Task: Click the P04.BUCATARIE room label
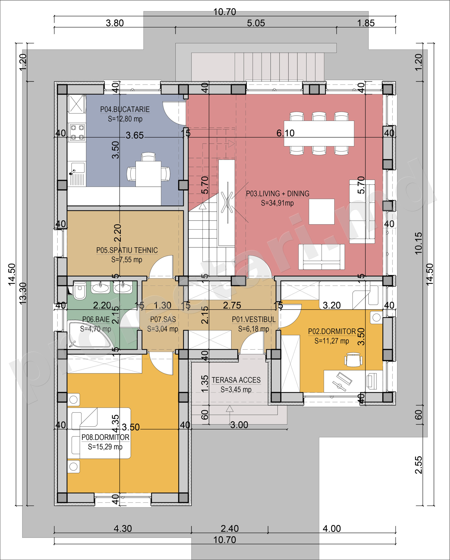(125, 109)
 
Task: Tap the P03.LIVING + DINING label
(277, 194)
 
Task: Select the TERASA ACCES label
(236, 380)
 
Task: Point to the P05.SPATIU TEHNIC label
(127, 250)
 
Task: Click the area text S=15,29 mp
(105, 446)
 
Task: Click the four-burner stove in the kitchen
(77, 133)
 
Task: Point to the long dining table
(319, 133)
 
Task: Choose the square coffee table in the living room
(321, 212)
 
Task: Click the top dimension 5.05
(256, 23)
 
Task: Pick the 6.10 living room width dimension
(285, 133)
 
